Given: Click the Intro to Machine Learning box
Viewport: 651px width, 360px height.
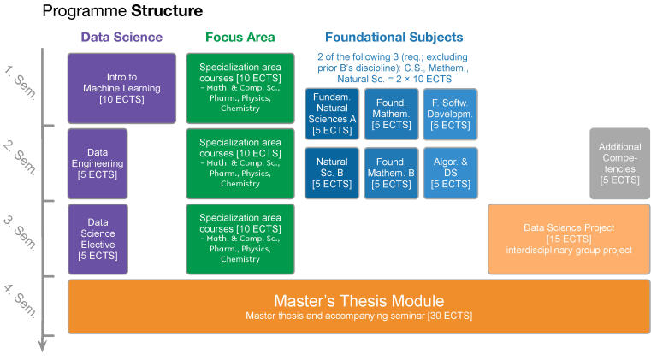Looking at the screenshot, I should coord(121,88).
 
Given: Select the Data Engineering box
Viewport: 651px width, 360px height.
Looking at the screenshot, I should coord(98,163).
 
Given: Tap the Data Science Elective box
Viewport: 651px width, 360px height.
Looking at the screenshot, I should coord(98,238).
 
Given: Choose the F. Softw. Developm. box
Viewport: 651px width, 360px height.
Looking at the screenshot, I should coord(449,114).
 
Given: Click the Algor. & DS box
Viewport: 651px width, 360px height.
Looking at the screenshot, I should coord(449,172).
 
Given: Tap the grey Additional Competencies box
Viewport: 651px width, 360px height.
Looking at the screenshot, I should coord(619,163).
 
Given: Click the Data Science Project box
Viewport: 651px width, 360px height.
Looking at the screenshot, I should coord(569,238).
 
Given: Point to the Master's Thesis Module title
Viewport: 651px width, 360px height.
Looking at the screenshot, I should coord(358,301).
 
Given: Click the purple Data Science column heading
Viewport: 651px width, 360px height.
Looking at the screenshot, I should coord(121,37).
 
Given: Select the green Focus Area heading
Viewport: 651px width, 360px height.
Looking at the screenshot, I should coord(240,37).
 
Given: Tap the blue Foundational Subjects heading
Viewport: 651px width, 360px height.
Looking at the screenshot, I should coord(394,37).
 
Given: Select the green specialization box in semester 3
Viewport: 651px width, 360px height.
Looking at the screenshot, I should coord(240,238).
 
